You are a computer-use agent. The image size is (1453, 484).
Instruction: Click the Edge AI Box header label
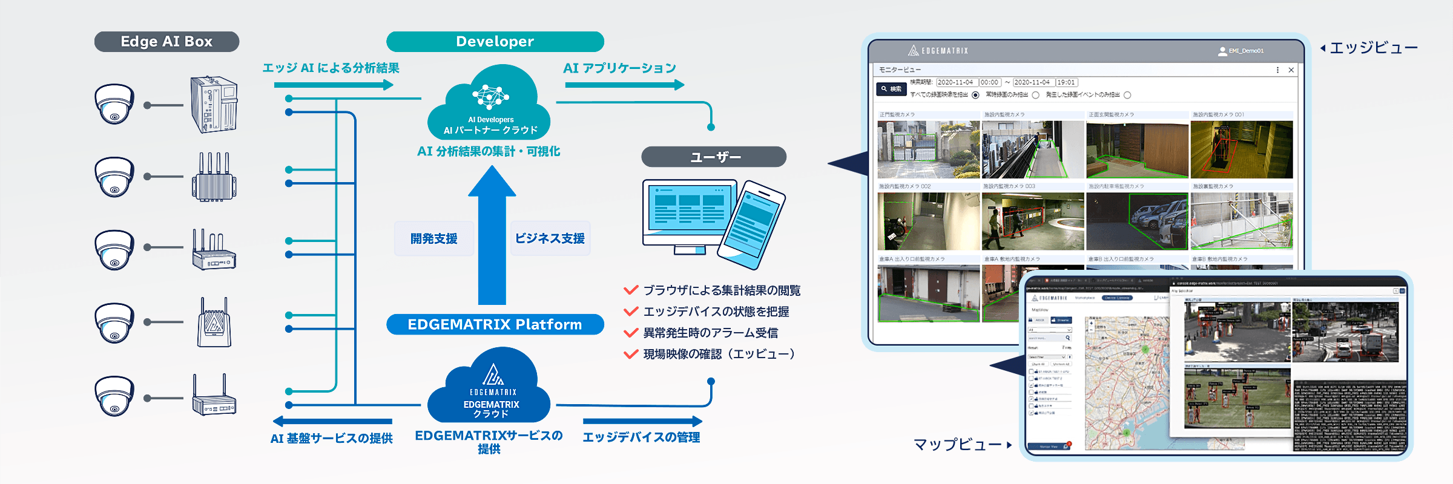click(x=166, y=42)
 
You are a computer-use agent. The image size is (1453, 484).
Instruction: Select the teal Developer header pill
click(x=495, y=42)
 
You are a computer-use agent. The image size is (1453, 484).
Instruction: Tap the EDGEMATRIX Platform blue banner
click(x=495, y=324)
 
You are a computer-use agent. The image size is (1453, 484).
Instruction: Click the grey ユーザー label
click(x=714, y=157)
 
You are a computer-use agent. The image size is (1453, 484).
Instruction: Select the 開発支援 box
click(x=434, y=239)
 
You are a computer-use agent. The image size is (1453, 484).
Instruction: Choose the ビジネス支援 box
click(x=550, y=239)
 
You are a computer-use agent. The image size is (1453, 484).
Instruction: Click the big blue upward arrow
click(x=492, y=236)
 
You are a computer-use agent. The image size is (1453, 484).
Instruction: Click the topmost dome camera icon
click(x=114, y=104)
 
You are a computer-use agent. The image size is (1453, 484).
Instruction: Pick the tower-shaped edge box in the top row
click(x=214, y=105)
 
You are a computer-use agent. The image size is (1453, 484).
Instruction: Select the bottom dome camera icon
click(x=114, y=396)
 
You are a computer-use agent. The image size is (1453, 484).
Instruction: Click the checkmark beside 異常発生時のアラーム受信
click(x=631, y=333)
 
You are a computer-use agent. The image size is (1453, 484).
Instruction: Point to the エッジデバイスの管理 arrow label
click(x=641, y=437)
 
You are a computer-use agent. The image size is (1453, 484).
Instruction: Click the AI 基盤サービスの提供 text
click(x=331, y=439)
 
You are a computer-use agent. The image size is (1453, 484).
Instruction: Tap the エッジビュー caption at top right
click(x=1372, y=48)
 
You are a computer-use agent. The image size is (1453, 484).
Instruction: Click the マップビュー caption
click(x=958, y=445)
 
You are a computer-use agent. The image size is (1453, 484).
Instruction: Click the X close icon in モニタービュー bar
click(x=1291, y=70)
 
